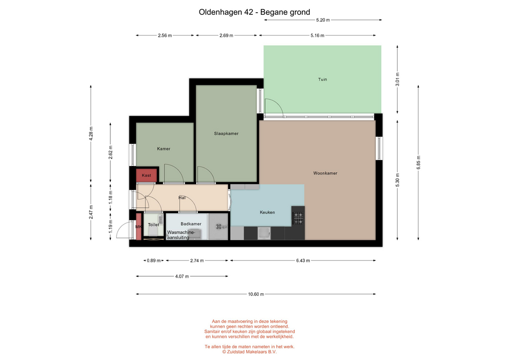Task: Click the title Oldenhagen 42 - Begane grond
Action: [x=254, y=12]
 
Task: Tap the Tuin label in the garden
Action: [x=322, y=79]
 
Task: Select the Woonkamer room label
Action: [x=325, y=173]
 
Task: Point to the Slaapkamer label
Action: [x=226, y=134]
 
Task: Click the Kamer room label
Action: [x=164, y=148]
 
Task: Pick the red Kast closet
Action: [x=146, y=175]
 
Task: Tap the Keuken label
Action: [x=267, y=212]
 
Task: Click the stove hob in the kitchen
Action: [x=298, y=218]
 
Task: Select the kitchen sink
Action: [x=264, y=233]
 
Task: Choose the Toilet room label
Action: [x=154, y=225]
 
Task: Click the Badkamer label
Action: [x=191, y=224]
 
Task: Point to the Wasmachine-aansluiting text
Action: [x=181, y=235]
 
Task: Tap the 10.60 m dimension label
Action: [x=256, y=294]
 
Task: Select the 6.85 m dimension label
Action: [x=418, y=163]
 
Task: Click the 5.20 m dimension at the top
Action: [x=323, y=20]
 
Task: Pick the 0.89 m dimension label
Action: [x=154, y=260]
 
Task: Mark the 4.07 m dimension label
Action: [x=182, y=276]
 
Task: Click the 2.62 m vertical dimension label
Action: [x=111, y=153]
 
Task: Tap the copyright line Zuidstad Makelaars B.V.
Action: [x=250, y=352]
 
